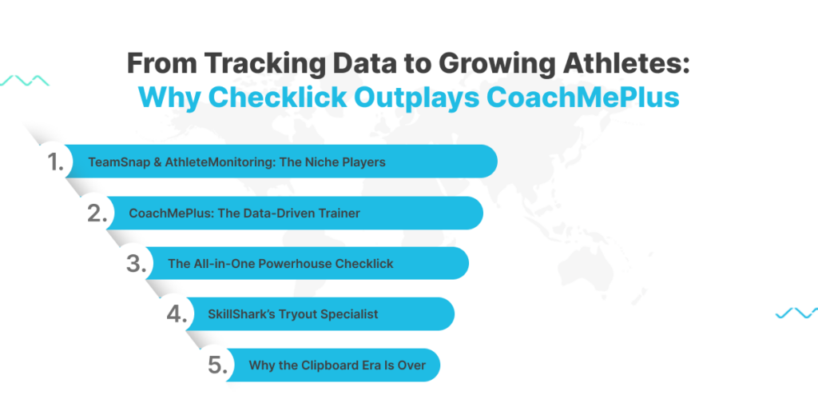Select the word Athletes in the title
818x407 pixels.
click(610, 64)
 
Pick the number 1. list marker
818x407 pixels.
click(56, 162)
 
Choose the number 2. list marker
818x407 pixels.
click(97, 213)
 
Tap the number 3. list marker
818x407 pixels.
click(136, 264)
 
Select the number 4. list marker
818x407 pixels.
click(177, 314)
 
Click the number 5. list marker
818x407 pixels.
click(218, 365)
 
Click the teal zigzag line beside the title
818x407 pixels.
click(24, 81)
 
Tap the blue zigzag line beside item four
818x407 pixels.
click(796, 313)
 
